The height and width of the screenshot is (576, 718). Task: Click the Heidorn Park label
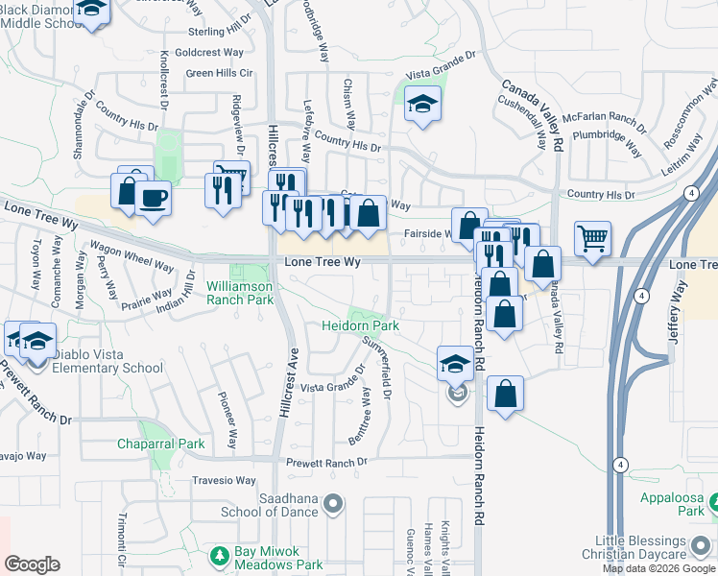click(x=359, y=326)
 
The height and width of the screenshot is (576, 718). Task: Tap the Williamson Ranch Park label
click(x=240, y=293)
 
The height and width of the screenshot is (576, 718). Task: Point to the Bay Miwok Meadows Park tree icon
click(x=220, y=555)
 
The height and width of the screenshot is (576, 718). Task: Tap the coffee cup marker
click(x=153, y=199)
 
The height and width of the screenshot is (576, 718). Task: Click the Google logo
click(x=32, y=564)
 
